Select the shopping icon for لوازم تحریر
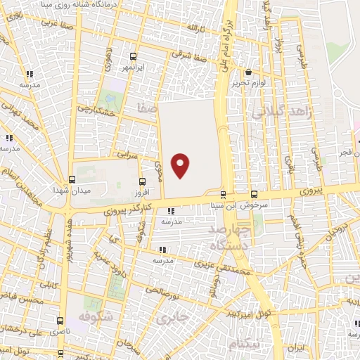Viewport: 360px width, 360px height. (248, 72)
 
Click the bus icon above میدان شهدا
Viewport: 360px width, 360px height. (72, 179)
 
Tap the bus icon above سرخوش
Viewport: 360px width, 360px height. (254, 195)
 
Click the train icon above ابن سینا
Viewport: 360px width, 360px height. (224, 195)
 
